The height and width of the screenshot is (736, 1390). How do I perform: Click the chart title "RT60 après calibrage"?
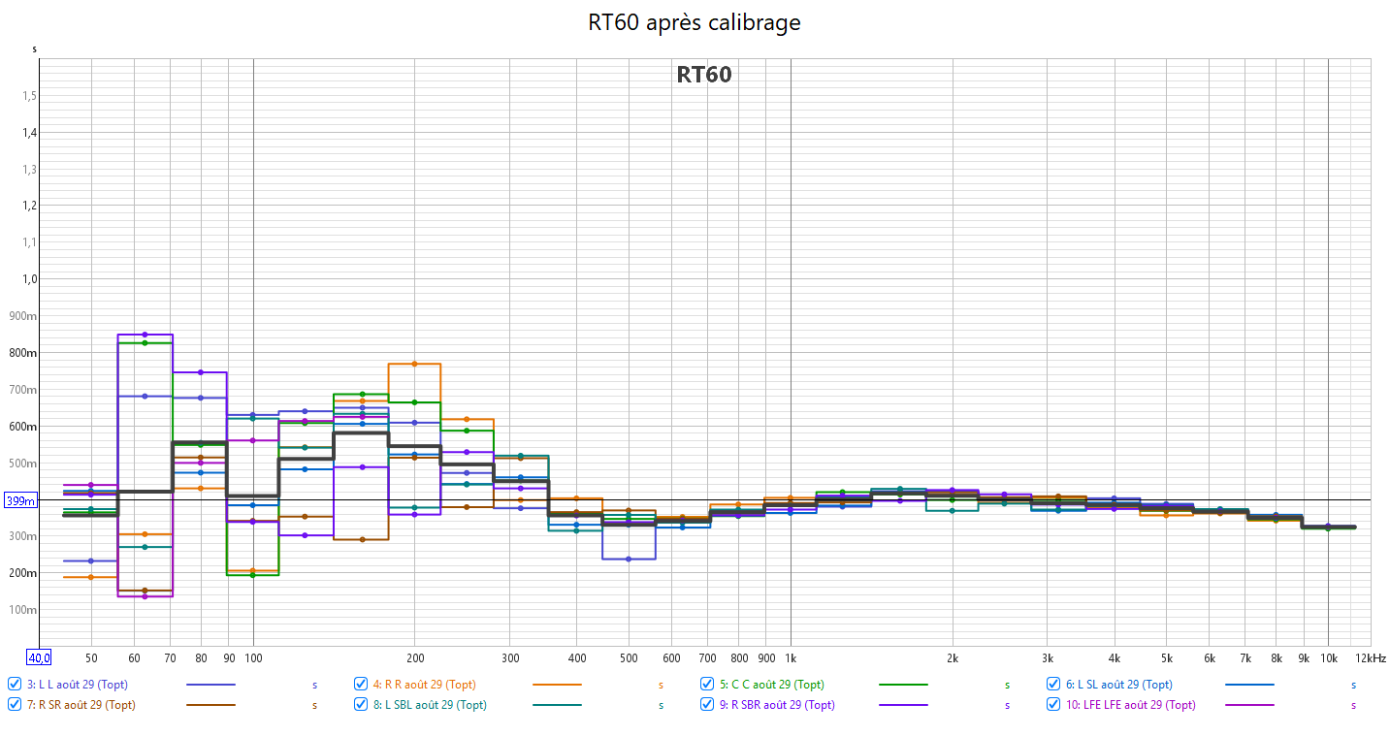(x=695, y=21)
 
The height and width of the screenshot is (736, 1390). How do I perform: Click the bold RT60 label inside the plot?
(x=704, y=75)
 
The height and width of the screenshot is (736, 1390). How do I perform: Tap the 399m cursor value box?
(x=20, y=501)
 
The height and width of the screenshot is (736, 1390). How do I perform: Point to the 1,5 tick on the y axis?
(x=29, y=96)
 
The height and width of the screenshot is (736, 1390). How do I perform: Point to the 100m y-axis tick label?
(x=23, y=610)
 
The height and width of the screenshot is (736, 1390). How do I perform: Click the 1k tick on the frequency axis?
(x=791, y=657)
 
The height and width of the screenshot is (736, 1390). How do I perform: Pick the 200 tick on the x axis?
(x=415, y=657)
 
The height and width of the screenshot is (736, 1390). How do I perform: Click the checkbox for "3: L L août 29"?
(x=15, y=685)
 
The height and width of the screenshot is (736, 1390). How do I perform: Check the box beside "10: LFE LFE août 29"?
(x=1054, y=705)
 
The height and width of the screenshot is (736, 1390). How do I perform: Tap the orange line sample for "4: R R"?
(x=557, y=685)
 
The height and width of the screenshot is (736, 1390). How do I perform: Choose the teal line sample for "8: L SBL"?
(x=557, y=705)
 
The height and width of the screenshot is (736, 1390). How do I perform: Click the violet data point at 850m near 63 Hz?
(x=145, y=335)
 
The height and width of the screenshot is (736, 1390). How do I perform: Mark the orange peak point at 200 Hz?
(x=414, y=364)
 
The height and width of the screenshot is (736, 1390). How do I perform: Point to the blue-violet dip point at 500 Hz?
(x=629, y=559)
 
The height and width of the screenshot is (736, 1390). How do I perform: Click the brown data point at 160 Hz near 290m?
(x=361, y=539)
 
